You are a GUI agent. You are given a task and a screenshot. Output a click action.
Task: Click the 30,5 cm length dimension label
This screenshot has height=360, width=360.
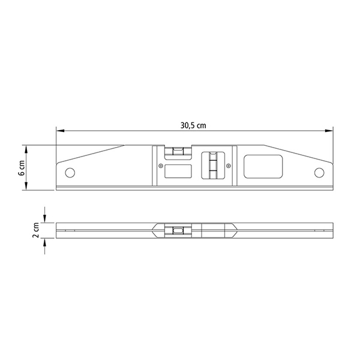pos(193,125)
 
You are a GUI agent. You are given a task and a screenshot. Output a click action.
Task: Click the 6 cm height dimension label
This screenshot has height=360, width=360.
pos(22,168)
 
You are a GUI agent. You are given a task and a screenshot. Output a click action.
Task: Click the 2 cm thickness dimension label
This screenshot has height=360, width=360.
pos(36,230)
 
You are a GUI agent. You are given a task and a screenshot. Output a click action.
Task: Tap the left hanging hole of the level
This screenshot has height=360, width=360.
pos(70,173)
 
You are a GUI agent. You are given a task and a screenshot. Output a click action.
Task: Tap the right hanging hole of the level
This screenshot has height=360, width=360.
pos(319,173)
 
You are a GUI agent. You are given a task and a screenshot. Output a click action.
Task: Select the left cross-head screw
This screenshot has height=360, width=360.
pos(161,166)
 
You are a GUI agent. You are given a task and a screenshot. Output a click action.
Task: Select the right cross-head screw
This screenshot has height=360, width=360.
pos(228,166)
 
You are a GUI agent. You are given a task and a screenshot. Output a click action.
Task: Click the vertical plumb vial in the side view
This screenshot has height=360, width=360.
pos(213,165)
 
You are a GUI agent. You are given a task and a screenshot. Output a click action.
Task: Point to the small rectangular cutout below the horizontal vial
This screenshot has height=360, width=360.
pos(178,171)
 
